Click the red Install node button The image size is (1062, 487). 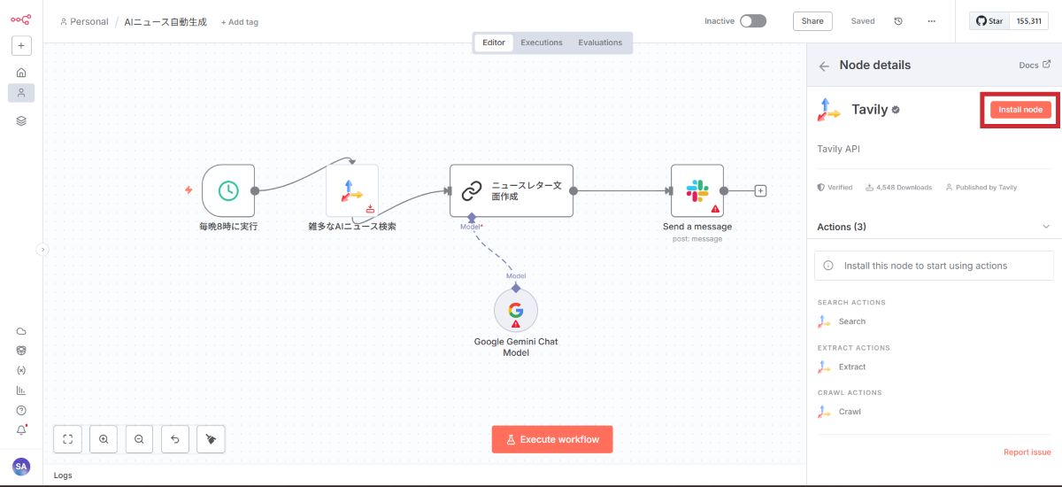coord(1020,110)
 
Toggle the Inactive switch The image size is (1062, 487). coord(753,21)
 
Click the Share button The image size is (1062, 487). coord(812,21)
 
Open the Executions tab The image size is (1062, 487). coord(542,43)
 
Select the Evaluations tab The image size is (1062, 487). coord(600,43)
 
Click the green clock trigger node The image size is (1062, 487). coord(228,190)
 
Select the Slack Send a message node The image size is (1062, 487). coord(697,190)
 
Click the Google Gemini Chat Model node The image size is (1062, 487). coord(516,310)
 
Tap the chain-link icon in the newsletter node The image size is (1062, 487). coord(473,190)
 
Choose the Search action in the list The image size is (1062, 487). coord(851,321)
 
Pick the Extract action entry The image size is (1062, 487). coord(852,367)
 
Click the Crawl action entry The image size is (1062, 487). coord(850,412)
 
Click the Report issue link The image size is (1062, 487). coord(1027,452)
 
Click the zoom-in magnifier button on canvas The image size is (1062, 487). coord(104,439)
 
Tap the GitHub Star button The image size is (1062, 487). coord(989,21)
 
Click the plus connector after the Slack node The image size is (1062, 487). coord(761,190)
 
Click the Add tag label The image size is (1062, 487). coord(240,22)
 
